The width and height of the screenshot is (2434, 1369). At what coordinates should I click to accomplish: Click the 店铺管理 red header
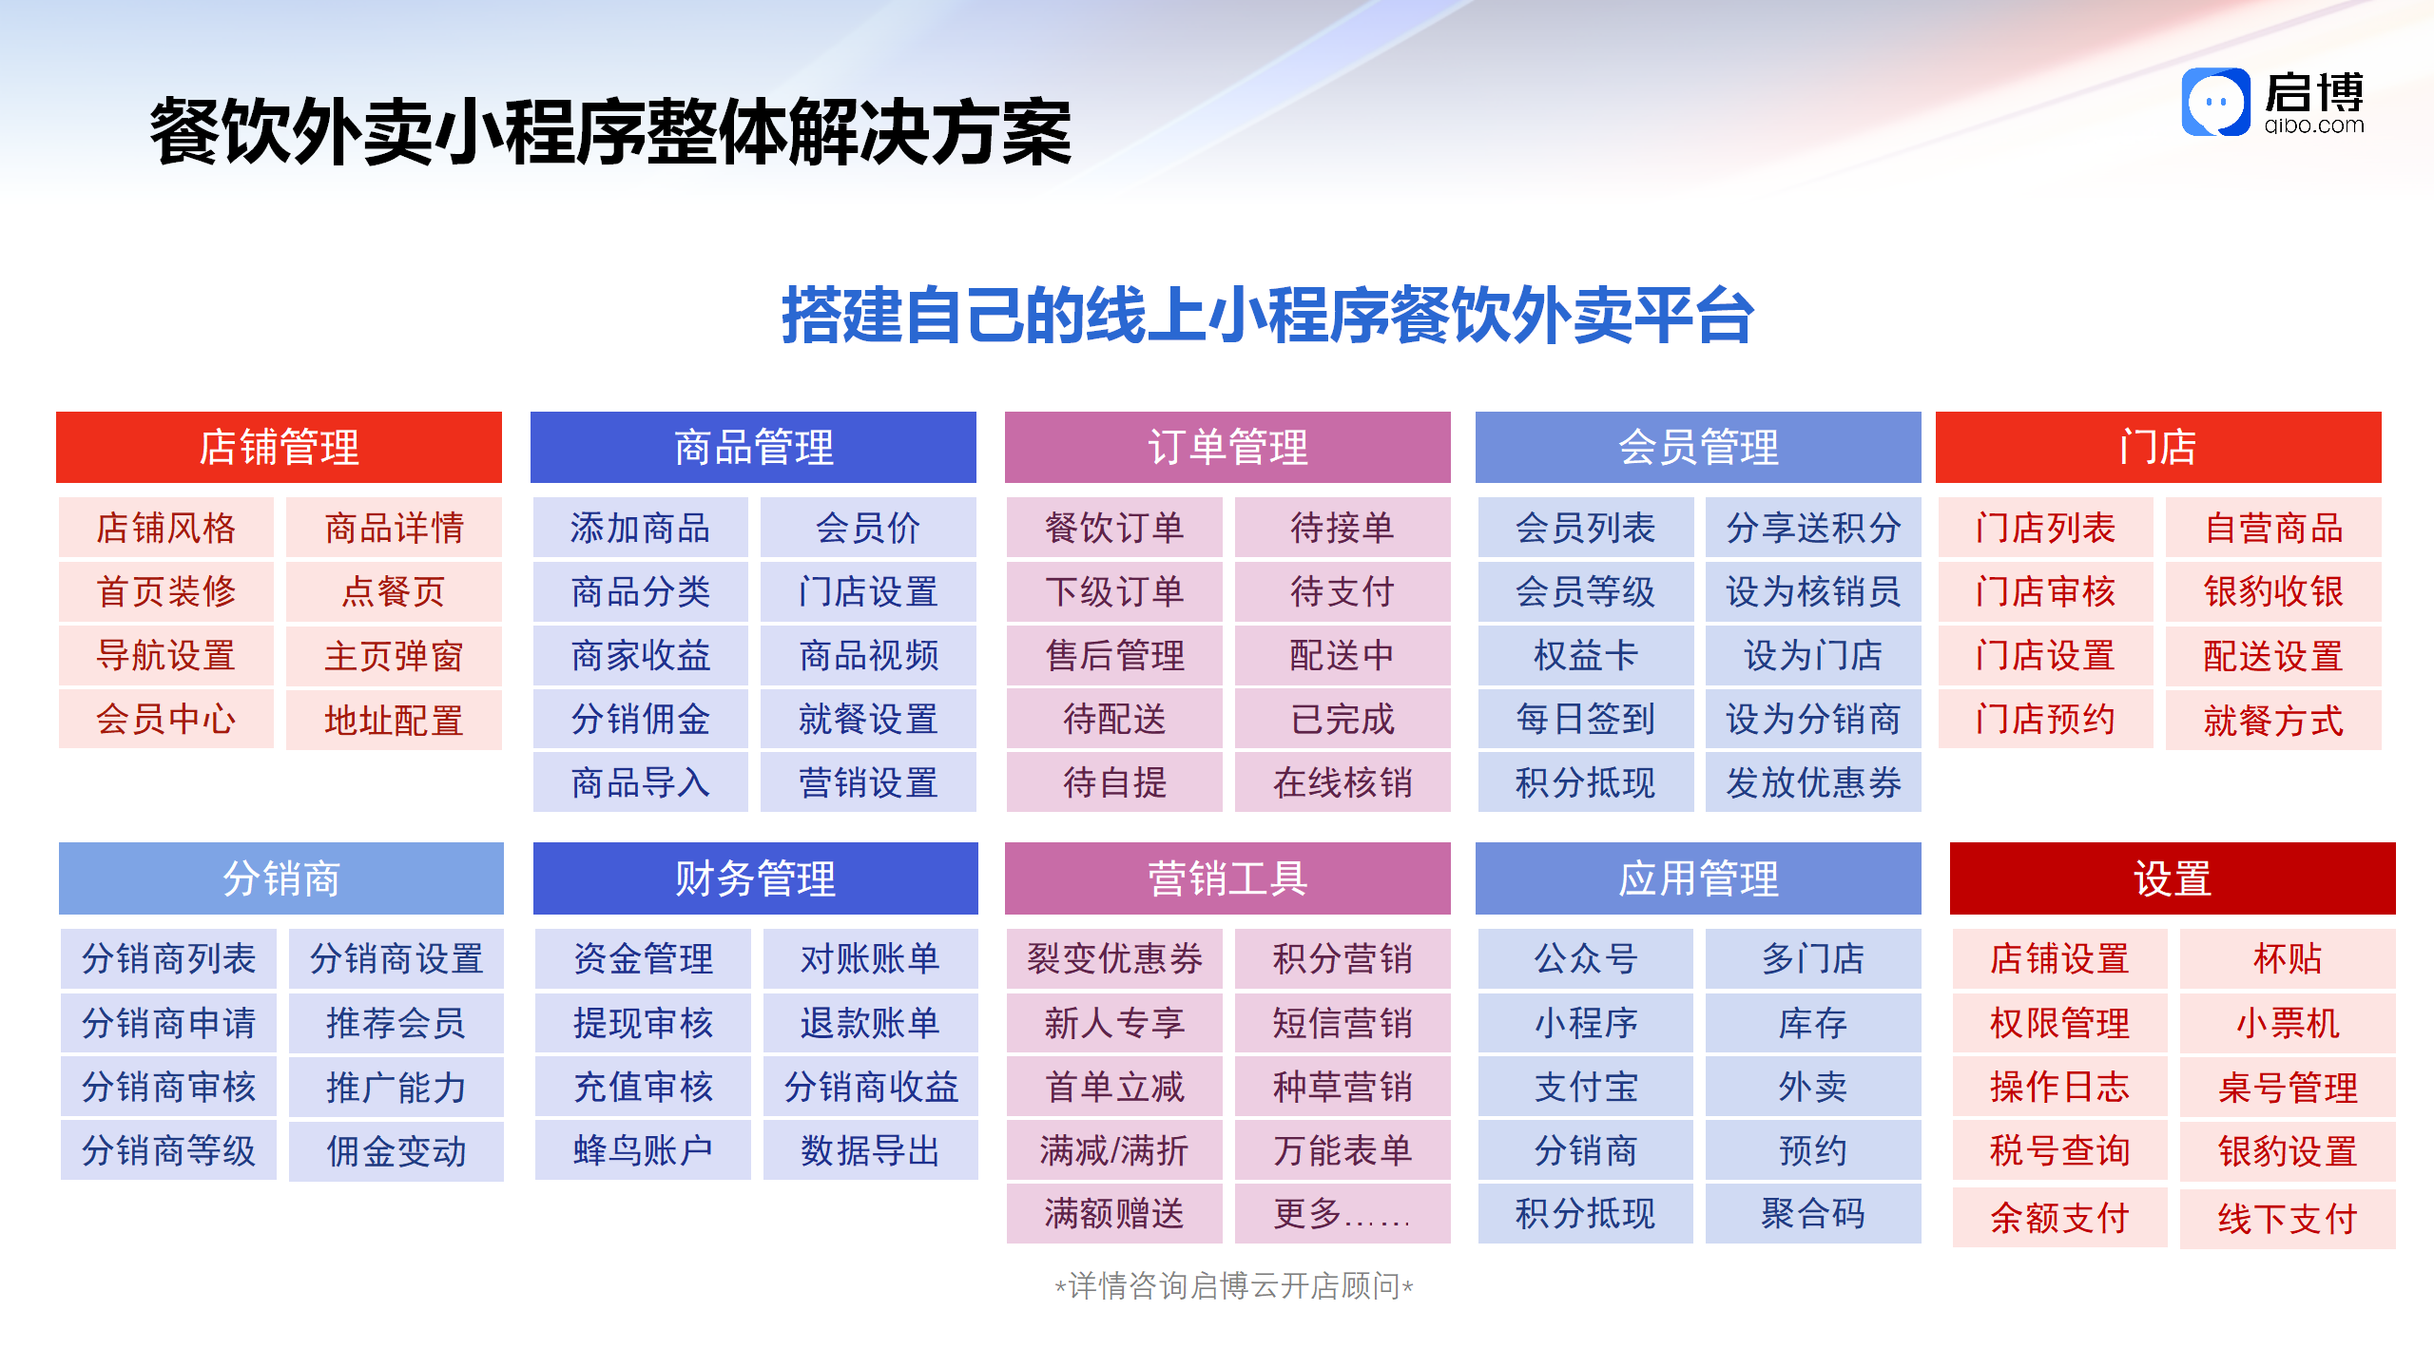coord(279,447)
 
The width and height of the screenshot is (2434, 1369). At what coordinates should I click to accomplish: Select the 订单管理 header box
coord(1227,447)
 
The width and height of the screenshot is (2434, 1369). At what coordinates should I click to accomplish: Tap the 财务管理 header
coord(755,878)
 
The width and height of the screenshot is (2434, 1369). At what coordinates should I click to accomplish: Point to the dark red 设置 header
coord(2173,878)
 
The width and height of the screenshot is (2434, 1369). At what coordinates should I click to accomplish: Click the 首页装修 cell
coord(166,591)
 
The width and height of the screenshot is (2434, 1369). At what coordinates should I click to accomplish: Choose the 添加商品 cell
coord(641,528)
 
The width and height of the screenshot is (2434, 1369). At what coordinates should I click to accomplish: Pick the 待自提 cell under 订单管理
coord(1114,782)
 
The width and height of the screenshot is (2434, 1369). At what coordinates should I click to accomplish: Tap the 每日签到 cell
coord(1586,719)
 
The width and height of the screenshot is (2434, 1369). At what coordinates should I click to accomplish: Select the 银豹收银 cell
coord(2274,591)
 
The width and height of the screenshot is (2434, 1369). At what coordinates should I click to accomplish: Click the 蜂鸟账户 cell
coord(643,1150)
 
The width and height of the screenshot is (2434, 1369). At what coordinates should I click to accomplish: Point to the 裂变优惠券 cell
coord(1114,958)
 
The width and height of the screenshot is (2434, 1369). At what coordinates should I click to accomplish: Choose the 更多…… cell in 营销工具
coord(1343,1214)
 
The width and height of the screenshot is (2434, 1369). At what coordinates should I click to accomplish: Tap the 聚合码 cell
coord(1813,1214)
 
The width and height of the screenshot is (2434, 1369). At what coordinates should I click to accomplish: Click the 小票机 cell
coord(2288,1023)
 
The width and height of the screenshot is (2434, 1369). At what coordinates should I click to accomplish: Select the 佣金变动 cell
coord(396,1151)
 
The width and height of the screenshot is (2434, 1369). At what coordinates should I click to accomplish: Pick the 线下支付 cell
coord(2288,1219)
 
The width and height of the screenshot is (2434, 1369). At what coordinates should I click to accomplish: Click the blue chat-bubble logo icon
coord(2216,102)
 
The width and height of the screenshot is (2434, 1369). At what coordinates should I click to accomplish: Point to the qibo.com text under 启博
coord(2314,125)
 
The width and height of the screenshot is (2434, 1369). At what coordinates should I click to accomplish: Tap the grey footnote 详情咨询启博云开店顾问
coord(1234,1286)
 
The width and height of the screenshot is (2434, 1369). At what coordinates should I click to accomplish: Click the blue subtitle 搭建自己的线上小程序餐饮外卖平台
coord(1267,315)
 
